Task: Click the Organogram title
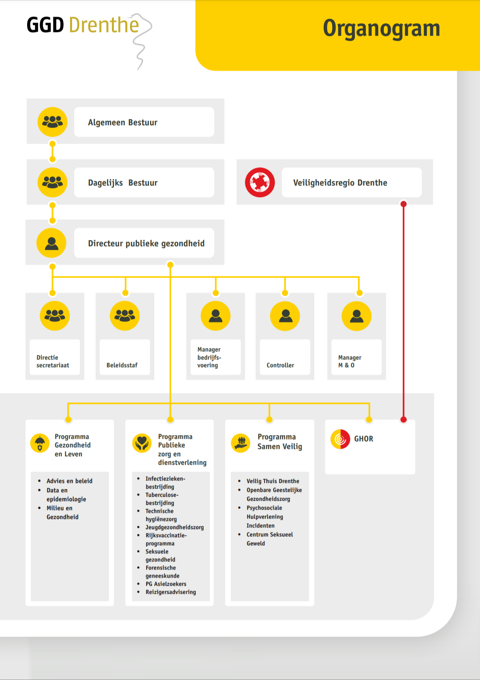[x=381, y=29]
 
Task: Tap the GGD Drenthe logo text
[x=83, y=25]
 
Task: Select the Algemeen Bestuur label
[x=123, y=122]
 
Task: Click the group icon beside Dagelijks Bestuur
[x=53, y=183]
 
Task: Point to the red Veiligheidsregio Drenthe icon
[x=260, y=183]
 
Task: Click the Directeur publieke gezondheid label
[x=146, y=244]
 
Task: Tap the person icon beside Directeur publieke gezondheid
[x=51, y=243]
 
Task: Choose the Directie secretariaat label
[x=53, y=361]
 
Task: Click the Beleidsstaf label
[x=122, y=365]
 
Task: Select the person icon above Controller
[x=285, y=316]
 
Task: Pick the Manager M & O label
[x=350, y=361]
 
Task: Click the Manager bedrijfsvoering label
[x=209, y=357]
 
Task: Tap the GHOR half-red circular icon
[x=340, y=439]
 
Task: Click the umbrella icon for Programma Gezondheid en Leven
[x=40, y=443]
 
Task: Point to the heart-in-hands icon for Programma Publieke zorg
[x=142, y=443]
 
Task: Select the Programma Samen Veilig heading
[x=280, y=442]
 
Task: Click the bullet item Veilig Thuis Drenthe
[x=273, y=481]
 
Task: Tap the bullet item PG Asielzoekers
[x=166, y=584]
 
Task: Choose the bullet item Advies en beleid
[x=69, y=481]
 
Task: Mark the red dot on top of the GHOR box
[x=403, y=419]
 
